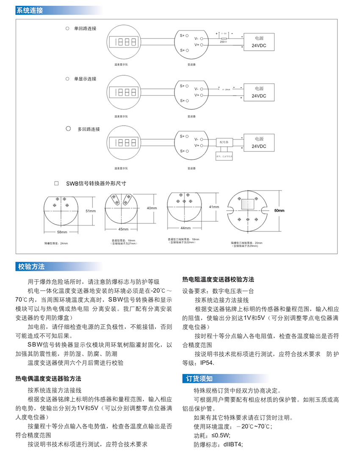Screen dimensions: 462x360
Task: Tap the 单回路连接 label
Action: coord(85,29)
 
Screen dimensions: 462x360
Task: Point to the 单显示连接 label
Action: coord(85,79)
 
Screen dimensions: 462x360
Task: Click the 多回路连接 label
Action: coord(88,129)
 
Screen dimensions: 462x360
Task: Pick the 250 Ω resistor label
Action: coord(222,42)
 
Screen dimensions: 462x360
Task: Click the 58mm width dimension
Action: coord(62,232)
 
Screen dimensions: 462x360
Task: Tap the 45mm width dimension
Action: coord(123,229)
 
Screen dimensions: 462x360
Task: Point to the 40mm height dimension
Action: coord(152,209)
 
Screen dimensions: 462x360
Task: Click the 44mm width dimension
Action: coord(186,228)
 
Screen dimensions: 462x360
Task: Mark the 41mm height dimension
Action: coord(213,207)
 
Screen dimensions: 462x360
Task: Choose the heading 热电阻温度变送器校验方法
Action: coord(218,280)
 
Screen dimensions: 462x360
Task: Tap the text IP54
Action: coord(207,363)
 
